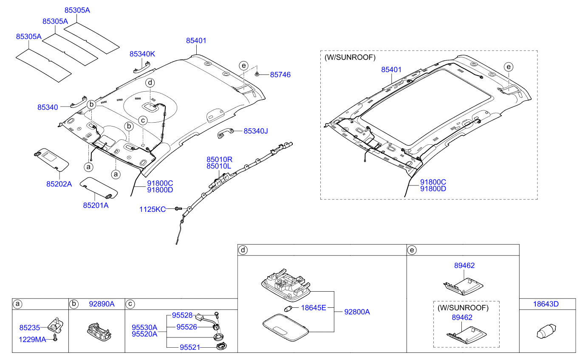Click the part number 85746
tap(280, 75)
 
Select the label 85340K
tap(142, 54)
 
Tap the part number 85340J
tap(256, 131)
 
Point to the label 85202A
tap(59, 184)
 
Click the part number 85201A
tap(96, 205)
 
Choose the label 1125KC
tap(153, 209)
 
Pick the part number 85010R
tap(219, 159)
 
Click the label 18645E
tap(314, 307)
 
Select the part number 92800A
tap(357, 312)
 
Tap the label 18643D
tap(546, 304)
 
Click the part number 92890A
tap(102, 304)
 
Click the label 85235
tap(29, 328)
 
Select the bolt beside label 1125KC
tap(179, 208)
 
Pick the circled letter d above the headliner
tap(150, 82)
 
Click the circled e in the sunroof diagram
tap(509, 66)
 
